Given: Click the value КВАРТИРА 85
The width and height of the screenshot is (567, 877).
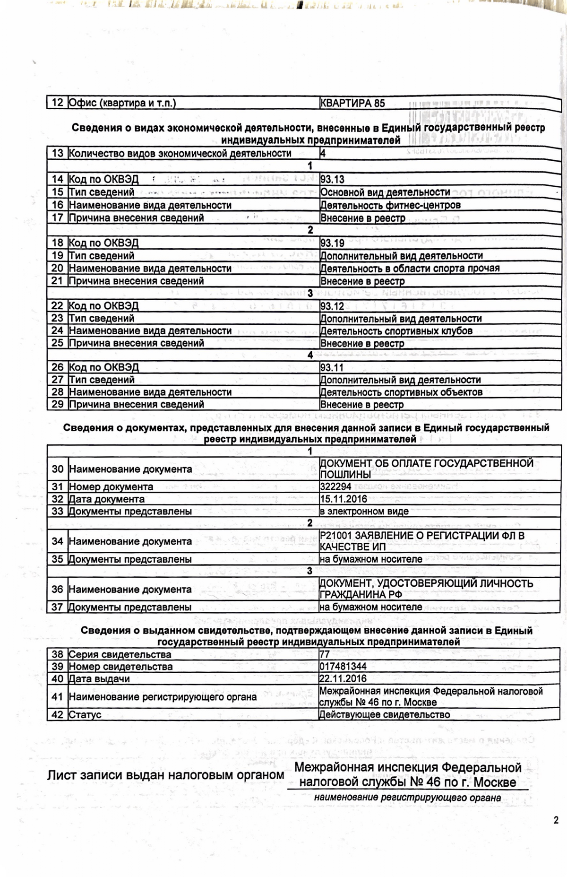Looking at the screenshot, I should click(352, 103).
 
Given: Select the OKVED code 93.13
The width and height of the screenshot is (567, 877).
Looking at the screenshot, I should click(333, 180).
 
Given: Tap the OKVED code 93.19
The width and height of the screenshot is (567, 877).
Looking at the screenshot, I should click(333, 243).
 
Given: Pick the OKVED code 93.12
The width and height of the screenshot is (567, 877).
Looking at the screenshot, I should click(333, 306).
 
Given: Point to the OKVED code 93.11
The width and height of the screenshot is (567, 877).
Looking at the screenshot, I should click(332, 367).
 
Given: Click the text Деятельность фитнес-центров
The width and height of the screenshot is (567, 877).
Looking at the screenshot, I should click(390, 205).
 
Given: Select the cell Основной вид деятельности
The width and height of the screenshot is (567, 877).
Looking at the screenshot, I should click(385, 192).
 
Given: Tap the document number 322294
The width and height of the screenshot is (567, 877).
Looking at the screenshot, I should click(335, 487).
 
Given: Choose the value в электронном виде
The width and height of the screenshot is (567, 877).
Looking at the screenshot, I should click(364, 512).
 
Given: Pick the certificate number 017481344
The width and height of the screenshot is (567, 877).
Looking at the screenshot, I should click(343, 667).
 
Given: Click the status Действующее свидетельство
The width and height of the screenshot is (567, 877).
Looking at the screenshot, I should click(385, 715).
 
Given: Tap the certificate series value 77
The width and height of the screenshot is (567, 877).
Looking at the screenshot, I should click(325, 654).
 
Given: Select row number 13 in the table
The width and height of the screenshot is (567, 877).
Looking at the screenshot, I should click(58, 153).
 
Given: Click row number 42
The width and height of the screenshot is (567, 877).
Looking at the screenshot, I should click(58, 715).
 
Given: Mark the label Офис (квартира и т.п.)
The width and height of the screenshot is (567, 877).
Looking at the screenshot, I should click(122, 103).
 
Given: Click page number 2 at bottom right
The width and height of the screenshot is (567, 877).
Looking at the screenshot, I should click(556, 820).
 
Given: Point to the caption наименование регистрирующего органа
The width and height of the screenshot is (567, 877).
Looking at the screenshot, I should click(407, 798).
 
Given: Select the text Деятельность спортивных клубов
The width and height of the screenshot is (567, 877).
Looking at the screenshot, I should click(396, 331).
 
